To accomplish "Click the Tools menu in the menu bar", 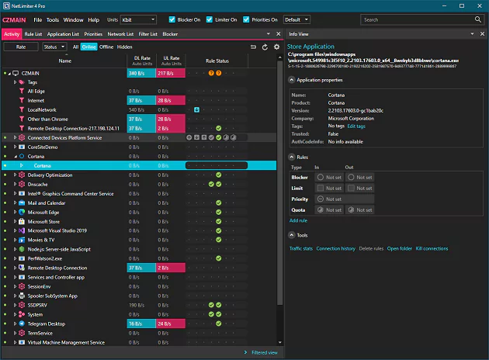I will coord(53,19).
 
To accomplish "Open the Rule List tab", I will coord(33,34).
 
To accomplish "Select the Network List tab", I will coord(120,34).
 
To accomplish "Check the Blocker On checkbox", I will coord(172,19).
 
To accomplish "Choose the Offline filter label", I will coord(106,47).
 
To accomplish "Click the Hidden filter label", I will coord(125,47).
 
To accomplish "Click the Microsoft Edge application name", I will coord(43,212).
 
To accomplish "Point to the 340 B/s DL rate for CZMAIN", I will coord(137,73).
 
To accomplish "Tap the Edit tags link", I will coord(355,126).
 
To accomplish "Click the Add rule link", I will coord(298,220).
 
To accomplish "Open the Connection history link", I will coord(335,248).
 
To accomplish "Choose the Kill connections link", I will coord(432,248).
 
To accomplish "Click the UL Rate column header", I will coord(170,60).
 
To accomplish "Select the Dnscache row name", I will coord(39,184).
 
